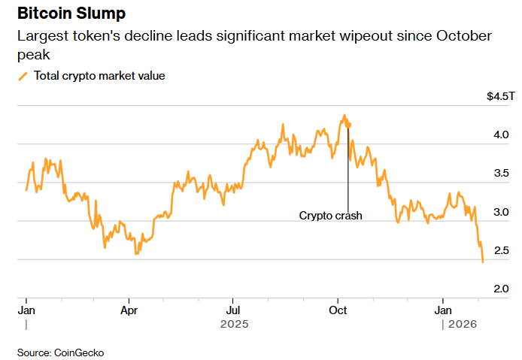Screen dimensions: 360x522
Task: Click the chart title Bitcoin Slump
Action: pos(71,14)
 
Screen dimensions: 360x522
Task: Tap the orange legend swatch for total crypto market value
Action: pos(23,76)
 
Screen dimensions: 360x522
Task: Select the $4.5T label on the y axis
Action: pos(500,97)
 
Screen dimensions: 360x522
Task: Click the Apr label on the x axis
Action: pos(129,309)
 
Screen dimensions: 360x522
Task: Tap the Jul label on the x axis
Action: pos(233,309)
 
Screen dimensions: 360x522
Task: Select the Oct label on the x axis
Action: pos(338,309)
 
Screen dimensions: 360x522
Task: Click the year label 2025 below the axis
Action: pos(233,325)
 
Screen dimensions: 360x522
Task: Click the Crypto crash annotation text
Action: pos(330,216)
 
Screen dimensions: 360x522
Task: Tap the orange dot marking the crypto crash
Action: pos(348,126)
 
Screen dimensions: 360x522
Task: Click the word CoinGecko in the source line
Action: pos(80,352)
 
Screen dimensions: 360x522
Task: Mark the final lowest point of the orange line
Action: pos(482,262)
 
